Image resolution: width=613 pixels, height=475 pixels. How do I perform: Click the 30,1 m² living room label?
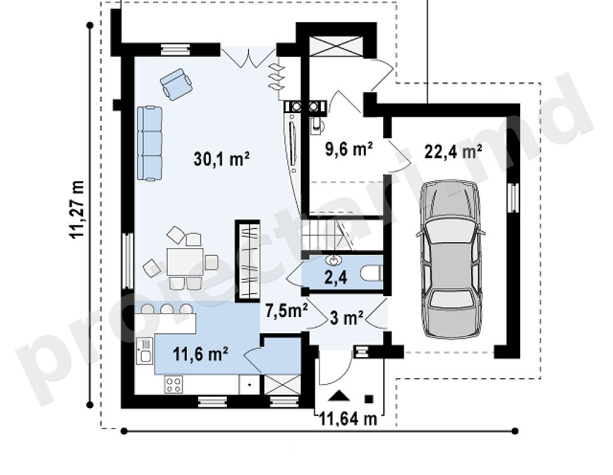coord(221,159)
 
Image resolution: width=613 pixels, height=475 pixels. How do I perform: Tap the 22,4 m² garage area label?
coord(453,151)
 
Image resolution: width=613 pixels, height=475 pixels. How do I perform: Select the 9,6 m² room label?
coord(349,148)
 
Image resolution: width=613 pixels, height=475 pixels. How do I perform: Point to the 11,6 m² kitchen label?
coord(201,354)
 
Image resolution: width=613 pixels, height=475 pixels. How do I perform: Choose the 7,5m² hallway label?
coord(287,310)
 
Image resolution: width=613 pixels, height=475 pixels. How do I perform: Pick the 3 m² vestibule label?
coord(347,318)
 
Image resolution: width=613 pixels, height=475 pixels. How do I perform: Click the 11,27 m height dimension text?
coord(77,209)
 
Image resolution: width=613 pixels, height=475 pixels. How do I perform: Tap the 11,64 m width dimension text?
coord(348,419)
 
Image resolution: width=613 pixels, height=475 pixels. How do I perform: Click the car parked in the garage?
coord(451,260)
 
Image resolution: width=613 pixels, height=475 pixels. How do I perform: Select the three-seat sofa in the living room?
coord(150,144)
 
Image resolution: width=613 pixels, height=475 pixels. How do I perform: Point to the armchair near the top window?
coord(176,84)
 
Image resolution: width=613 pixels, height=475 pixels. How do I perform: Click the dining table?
coord(185,261)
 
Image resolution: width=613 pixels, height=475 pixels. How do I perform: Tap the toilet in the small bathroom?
coord(371,273)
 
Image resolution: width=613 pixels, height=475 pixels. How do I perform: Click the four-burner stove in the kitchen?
coord(174,385)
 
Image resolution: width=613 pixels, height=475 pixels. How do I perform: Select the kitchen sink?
coord(144,352)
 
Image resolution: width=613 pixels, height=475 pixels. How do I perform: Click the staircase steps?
coord(329,234)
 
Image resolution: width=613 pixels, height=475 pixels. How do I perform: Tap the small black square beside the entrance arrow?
coord(369,399)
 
